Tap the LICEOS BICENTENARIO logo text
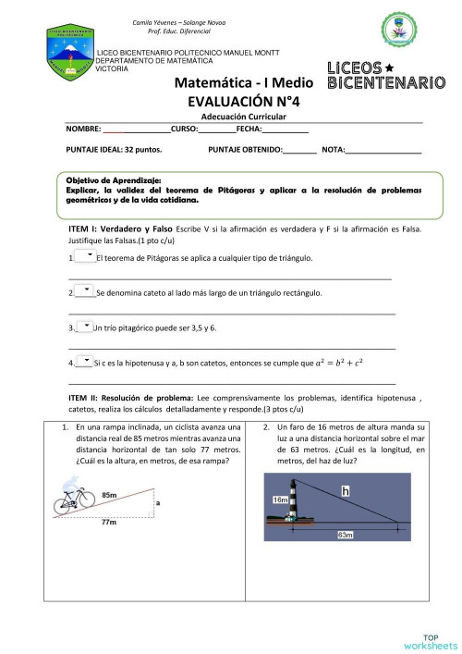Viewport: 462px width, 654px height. pos(386,76)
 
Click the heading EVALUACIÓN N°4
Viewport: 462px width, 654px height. pos(244,102)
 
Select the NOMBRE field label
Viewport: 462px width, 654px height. pos(84,130)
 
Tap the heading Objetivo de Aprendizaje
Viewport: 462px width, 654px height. pos(114,179)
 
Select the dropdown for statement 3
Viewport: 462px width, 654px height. pos(85,326)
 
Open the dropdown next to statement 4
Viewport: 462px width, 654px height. pos(85,361)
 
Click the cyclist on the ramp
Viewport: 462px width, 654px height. pos(74,499)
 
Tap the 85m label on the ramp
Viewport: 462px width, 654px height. pos(109,496)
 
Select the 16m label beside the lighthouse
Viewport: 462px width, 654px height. pos(281,500)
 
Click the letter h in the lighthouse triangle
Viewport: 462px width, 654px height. pos(345,492)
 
